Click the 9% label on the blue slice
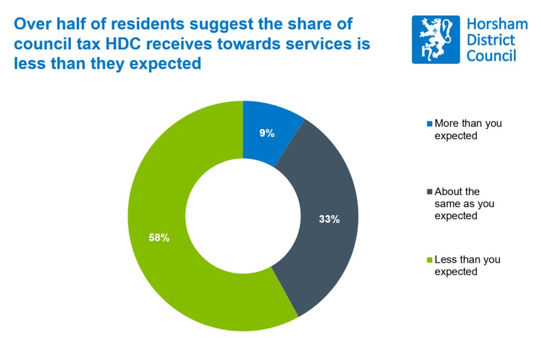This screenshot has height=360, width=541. click(x=266, y=133)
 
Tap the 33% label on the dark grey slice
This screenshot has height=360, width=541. click(x=328, y=219)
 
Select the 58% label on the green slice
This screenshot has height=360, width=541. click(x=159, y=237)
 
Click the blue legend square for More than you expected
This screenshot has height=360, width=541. click(x=430, y=124)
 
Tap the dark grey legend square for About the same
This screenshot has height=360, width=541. click(x=430, y=192)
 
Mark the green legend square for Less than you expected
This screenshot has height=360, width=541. click(x=430, y=260)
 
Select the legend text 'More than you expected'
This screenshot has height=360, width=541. click(x=468, y=130)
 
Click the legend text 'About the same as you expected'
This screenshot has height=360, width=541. click(x=464, y=204)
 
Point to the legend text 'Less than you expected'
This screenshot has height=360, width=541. click(x=467, y=265)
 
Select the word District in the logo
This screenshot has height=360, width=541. click(x=491, y=41)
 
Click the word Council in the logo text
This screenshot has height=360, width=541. click(x=491, y=56)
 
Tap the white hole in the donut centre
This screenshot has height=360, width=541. click(x=243, y=216)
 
